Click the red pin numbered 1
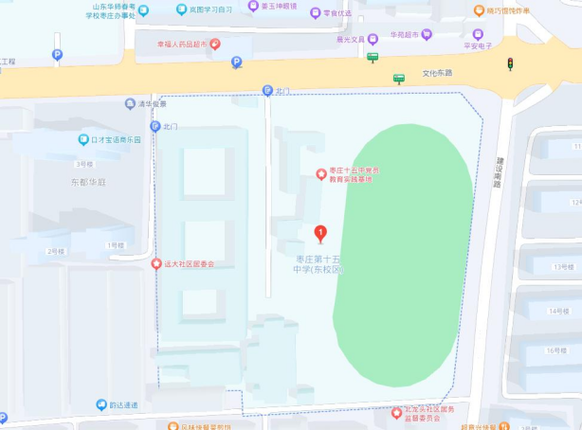[x=320, y=232]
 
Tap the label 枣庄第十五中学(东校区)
[x=317, y=264]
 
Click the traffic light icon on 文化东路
[x=510, y=63]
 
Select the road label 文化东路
[x=437, y=72]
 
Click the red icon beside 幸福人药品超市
[x=215, y=44]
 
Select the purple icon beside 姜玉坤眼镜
[x=253, y=6]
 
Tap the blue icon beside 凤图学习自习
[x=181, y=9]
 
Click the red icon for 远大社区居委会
[x=156, y=263]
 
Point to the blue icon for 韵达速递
[x=100, y=405]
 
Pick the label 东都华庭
[x=87, y=182]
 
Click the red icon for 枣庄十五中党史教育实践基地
[x=320, y=174]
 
